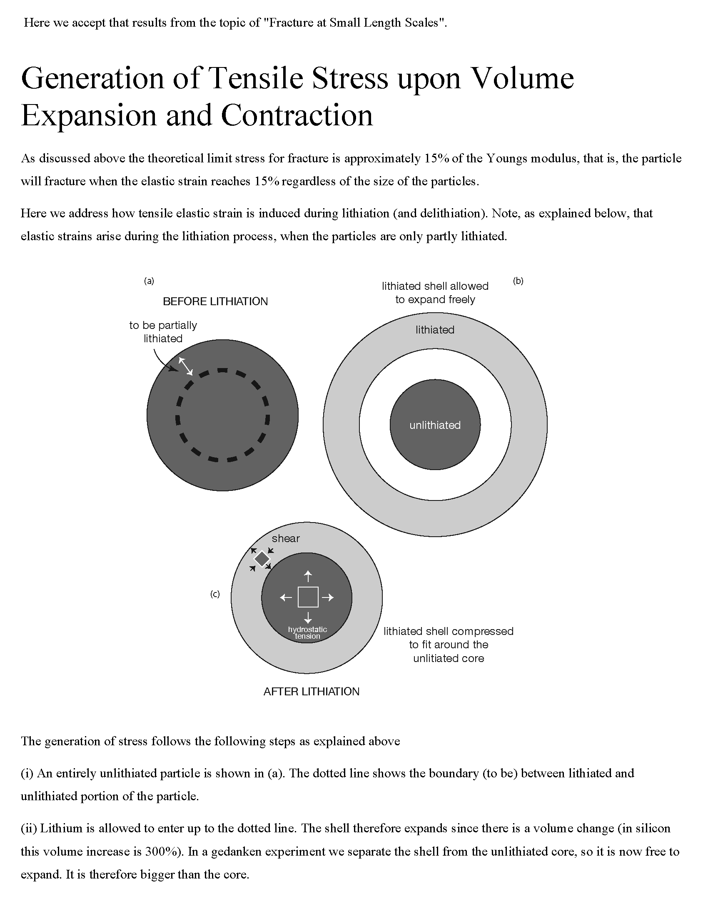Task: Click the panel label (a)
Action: (149, 281)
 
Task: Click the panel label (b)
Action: (518, 281)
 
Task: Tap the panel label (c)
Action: (215, 594)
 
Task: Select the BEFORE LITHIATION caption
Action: (215, 301)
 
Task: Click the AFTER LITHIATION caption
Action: (311, 691)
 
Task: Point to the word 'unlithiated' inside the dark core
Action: (435, 425)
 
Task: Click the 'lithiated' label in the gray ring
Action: (435, 330)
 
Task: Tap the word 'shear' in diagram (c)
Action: (286, 538)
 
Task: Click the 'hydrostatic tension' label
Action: (307, 632)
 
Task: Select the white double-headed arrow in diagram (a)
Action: (186, 366)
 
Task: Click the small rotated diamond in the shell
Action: (262, 559)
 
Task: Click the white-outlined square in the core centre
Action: (308, 597)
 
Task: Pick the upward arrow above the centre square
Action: (308, 576)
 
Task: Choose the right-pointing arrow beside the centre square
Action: (328, 597)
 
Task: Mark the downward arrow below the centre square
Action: (308, 617)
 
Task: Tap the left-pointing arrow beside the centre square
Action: (286, 597)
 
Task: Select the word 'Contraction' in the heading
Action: (297, 115)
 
